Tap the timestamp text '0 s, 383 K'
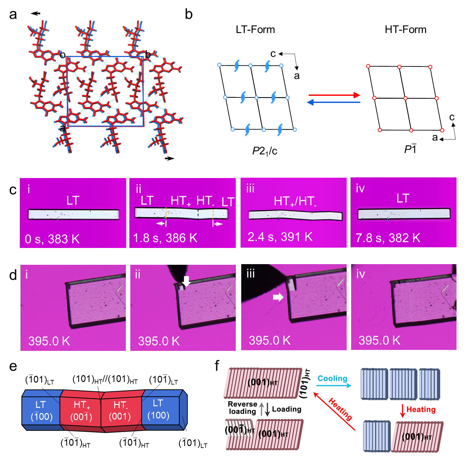[x=52, y=239]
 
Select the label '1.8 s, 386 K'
[x=165, y=238]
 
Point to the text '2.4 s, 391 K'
[x=280, y=237]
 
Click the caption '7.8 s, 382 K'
[x=388, y=238]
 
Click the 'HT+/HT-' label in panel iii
[x=295, y=201]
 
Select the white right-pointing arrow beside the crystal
[x=278, y=297]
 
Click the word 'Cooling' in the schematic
[x=332, y=378]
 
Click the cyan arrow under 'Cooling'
[x=334, y=386]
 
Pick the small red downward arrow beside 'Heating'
[x=403, y=410]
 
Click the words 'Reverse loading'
[x=242, y=408]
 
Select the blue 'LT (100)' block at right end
[x=160, y=409]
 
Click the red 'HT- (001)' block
[x=120, y=410]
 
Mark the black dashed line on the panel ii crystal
[x=198, y=214]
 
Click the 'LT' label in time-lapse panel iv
[x=403, y=198]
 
